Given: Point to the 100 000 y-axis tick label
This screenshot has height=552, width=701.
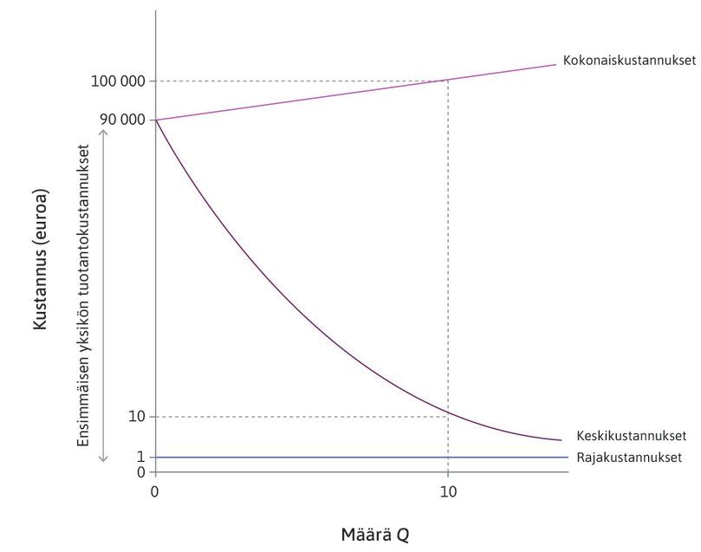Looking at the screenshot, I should point(117,81).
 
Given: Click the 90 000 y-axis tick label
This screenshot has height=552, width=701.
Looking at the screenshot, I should point(121,120).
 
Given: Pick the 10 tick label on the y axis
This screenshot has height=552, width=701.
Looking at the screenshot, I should point(138,417).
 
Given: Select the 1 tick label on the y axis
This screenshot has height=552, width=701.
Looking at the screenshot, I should point(141,457).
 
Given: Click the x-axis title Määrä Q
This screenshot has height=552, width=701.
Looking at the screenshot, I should point(374,534).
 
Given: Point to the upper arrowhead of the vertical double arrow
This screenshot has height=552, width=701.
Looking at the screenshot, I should point(103,132).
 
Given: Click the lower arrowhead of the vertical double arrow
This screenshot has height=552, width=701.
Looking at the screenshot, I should point(103,458).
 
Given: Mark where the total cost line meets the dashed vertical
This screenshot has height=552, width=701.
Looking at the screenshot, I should point(448,81).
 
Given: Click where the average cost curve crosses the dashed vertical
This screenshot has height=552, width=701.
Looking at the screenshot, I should point(448,411).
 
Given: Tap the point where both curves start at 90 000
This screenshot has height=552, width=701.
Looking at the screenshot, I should point(156,120).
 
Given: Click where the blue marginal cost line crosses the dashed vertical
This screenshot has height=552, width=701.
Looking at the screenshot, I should point(448,457).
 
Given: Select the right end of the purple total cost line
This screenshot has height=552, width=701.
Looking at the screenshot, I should point(555,64).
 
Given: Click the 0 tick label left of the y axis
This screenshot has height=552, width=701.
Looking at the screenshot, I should point(141,472).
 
